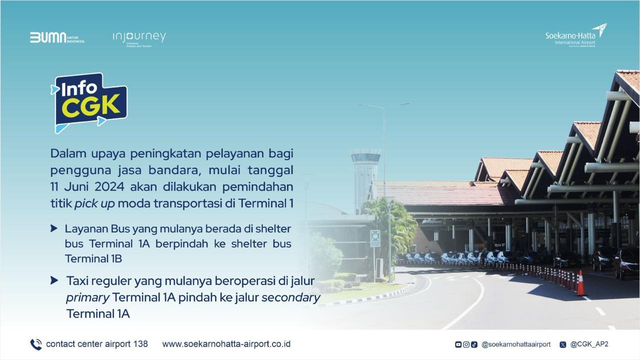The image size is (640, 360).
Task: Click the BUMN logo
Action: click(56, 38)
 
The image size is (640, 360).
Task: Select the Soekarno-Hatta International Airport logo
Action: click(575, 35)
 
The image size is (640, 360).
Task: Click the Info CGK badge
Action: click(89, 102)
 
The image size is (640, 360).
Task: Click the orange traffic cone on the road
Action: click(580, 283)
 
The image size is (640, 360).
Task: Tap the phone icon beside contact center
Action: click(36, 344)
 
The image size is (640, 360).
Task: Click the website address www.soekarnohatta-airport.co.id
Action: click(226, 344)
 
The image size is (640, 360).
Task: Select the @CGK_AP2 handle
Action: click(589, 344)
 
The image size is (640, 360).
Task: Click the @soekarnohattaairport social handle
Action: click(515, 344)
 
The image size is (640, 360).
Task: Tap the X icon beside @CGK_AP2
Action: click(563, 344)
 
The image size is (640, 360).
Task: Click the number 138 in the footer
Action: click(140, 344)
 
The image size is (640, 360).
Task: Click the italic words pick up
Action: click(94, 204)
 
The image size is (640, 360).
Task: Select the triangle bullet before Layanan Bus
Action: click(54, 228)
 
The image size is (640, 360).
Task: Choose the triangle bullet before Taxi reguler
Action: click(54, 280)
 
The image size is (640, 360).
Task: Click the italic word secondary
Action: click(290, 297)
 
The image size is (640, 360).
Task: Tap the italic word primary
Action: click(87, 297)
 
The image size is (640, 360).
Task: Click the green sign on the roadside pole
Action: click(375, 238)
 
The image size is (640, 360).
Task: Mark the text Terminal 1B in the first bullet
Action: click(93, 258)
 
